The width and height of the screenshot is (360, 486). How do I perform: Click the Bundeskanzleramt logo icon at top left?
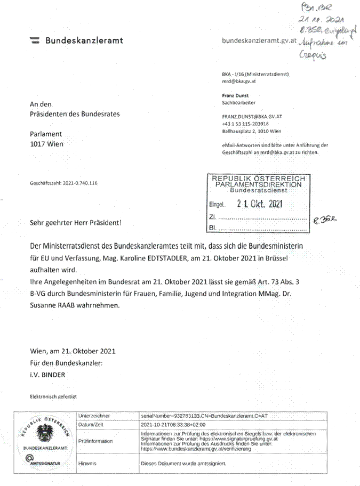point(35,40)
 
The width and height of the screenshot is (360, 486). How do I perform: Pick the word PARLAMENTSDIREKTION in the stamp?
point(258,184)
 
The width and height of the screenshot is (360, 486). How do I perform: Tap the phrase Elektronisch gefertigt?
point(54,396)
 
